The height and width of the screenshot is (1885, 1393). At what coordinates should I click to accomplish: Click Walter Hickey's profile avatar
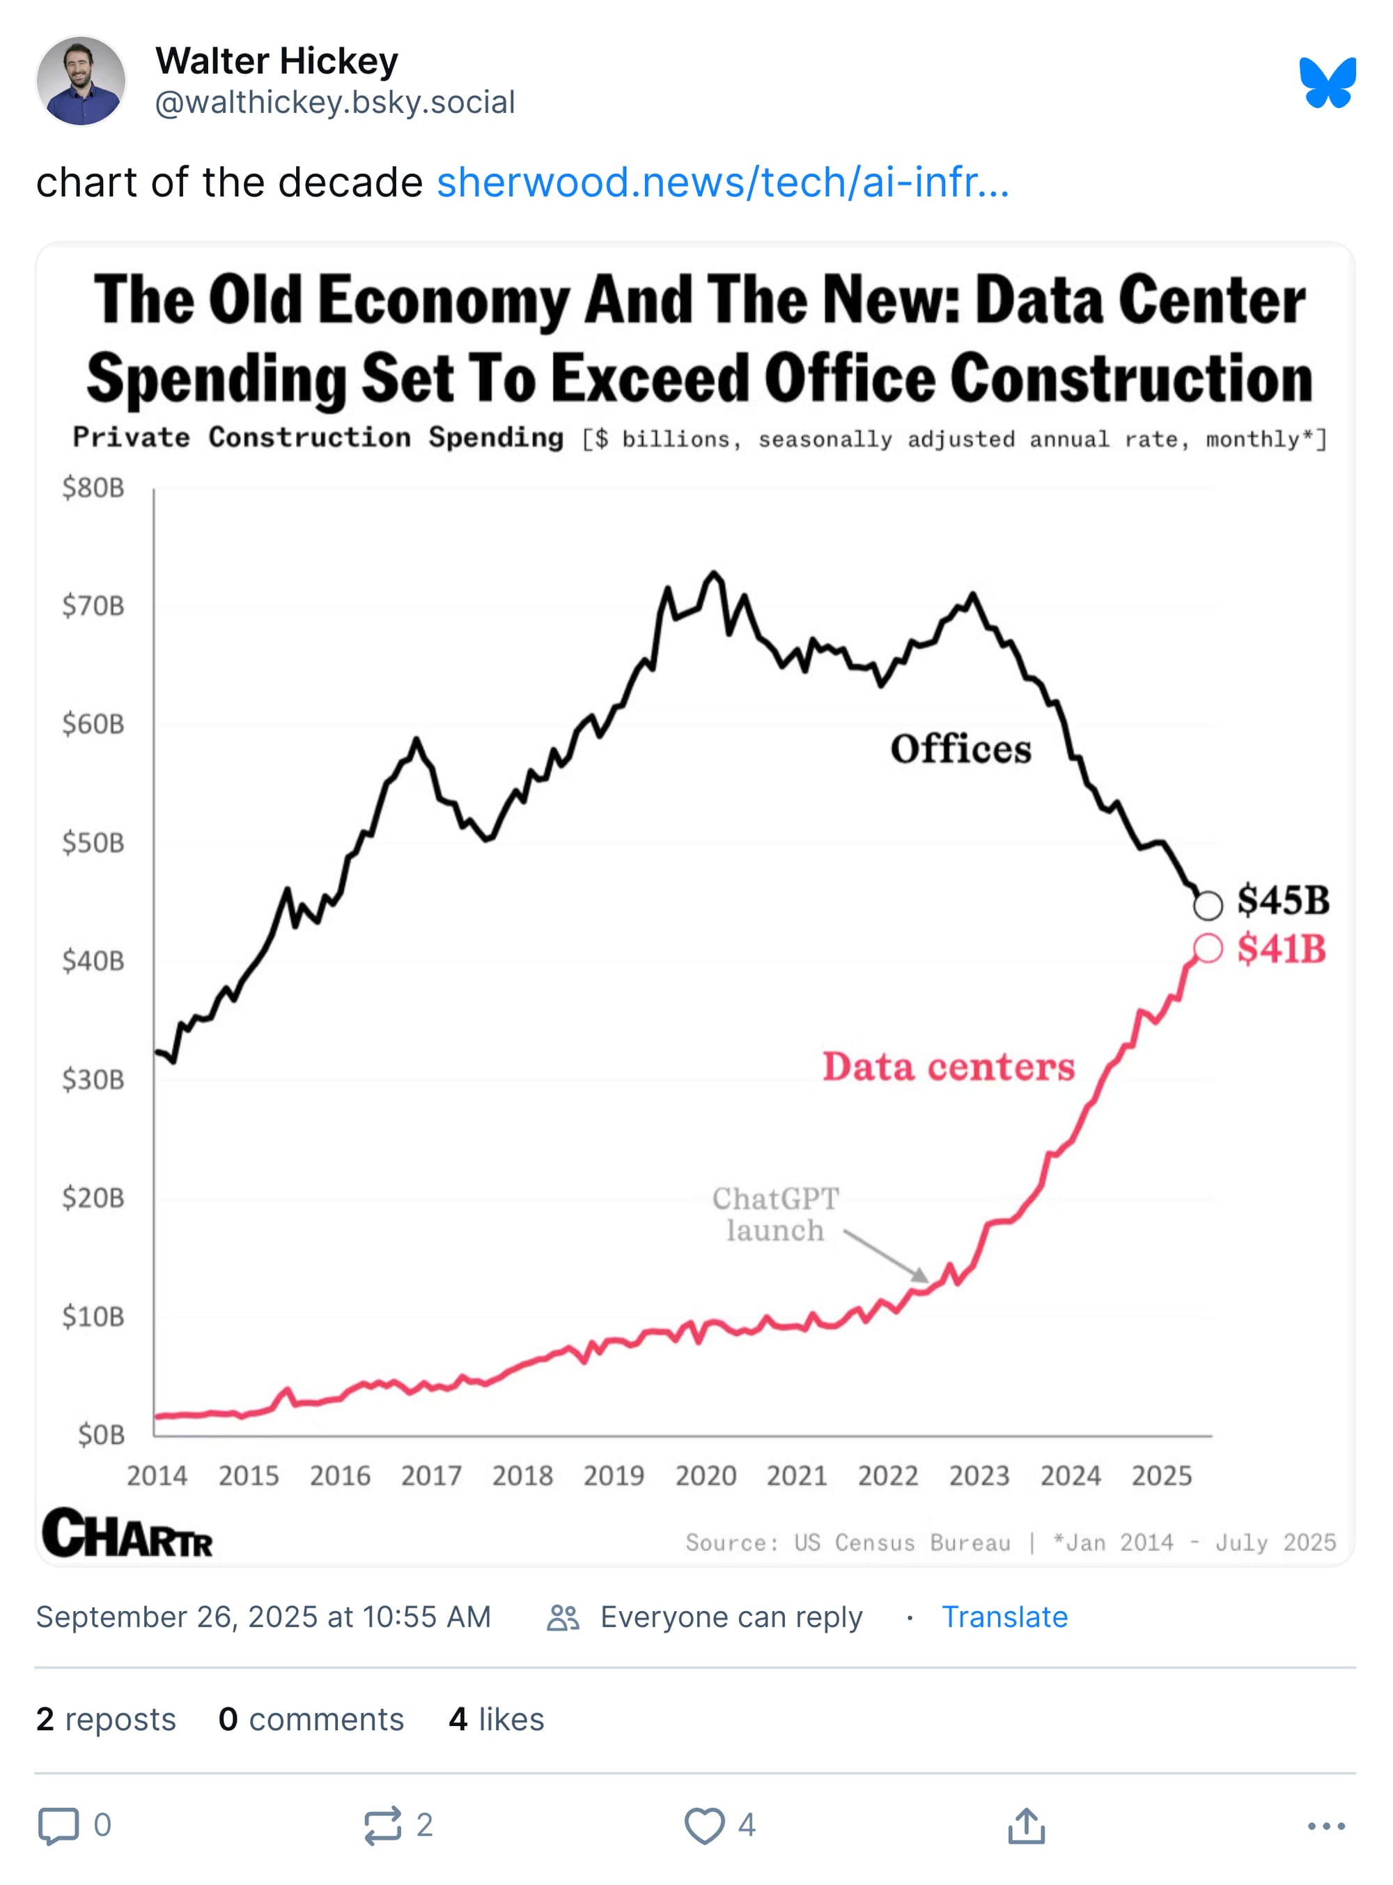point(81,81)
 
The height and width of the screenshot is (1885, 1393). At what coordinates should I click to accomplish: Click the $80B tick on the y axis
point(93,488)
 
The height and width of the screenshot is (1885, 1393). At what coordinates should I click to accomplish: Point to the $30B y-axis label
point(93,1079)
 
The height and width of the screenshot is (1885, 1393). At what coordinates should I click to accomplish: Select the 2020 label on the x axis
point(705,1475)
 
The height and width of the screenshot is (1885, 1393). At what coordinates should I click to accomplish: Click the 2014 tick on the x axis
point(157,1475)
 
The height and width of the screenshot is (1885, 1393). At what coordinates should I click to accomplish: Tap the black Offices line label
point(960,749)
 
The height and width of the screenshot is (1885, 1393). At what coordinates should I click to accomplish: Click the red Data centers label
point(949,1067)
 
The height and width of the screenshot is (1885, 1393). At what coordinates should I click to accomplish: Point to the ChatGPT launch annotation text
point(775,1214)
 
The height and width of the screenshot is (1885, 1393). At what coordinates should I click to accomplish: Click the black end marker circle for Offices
point(1208,905)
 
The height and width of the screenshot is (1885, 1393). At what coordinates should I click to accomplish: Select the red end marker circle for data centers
point(1208,949)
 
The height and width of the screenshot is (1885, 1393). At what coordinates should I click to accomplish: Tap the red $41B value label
point(1281,949)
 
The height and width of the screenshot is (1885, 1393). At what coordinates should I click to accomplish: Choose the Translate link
point(1004,1617)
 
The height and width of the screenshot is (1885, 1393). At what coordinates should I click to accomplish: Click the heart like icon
point(703,1825)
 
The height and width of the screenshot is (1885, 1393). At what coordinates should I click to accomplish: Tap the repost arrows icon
point(382,1825)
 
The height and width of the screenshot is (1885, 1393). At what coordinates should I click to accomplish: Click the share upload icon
point(1025,1825)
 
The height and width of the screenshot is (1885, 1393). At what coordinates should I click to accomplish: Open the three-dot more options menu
point(1325,1826)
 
